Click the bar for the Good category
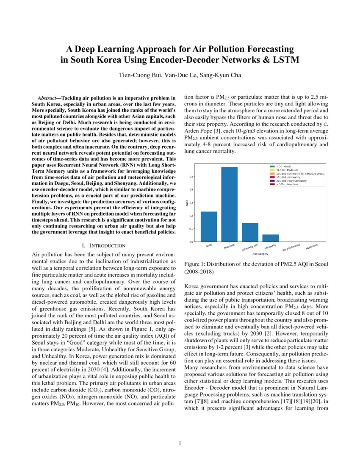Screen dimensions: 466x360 209,226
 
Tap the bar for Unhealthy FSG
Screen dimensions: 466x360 249,232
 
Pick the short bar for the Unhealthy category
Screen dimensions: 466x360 270,238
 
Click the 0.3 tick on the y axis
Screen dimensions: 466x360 191,202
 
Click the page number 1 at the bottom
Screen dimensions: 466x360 180,444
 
